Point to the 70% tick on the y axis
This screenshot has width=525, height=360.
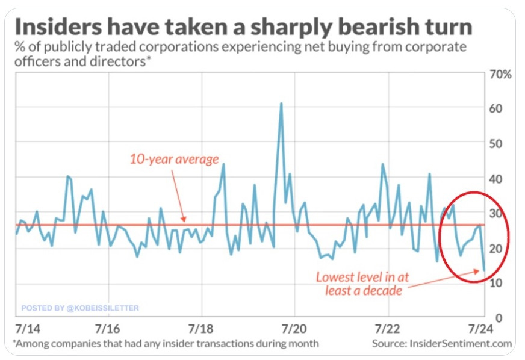pyautogui.click(x=501, y=75)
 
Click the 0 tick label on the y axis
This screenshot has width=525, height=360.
pyautogui.click(x=492, y=318)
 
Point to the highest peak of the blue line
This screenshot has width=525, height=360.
pyautogui.click(x=281, y=104)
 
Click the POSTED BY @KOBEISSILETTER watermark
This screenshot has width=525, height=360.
pyautogui.click(x=80, y=308)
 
